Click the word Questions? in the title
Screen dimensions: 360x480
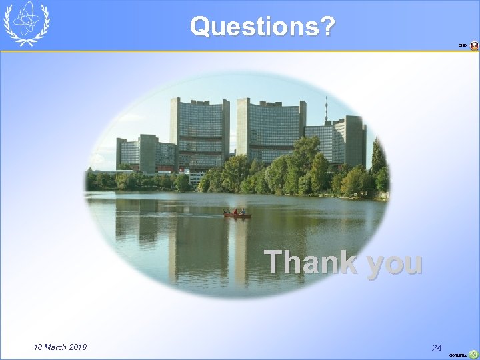tap(263, 27)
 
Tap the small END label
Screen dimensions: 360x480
tap(462, 45)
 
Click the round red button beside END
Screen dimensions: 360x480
tap(474, 45)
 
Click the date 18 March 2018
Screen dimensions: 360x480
tap(60, 347)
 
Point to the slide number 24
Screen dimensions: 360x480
tap(437, 348)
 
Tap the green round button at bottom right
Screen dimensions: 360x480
tap(473, 354)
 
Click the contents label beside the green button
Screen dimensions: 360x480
tap(458, 355)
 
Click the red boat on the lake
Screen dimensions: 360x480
tap(237, 215)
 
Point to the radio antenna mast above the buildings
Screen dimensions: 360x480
tap(325, 110)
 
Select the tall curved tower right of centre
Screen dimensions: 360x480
tap(270, 129)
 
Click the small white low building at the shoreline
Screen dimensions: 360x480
tap(195, 177)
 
